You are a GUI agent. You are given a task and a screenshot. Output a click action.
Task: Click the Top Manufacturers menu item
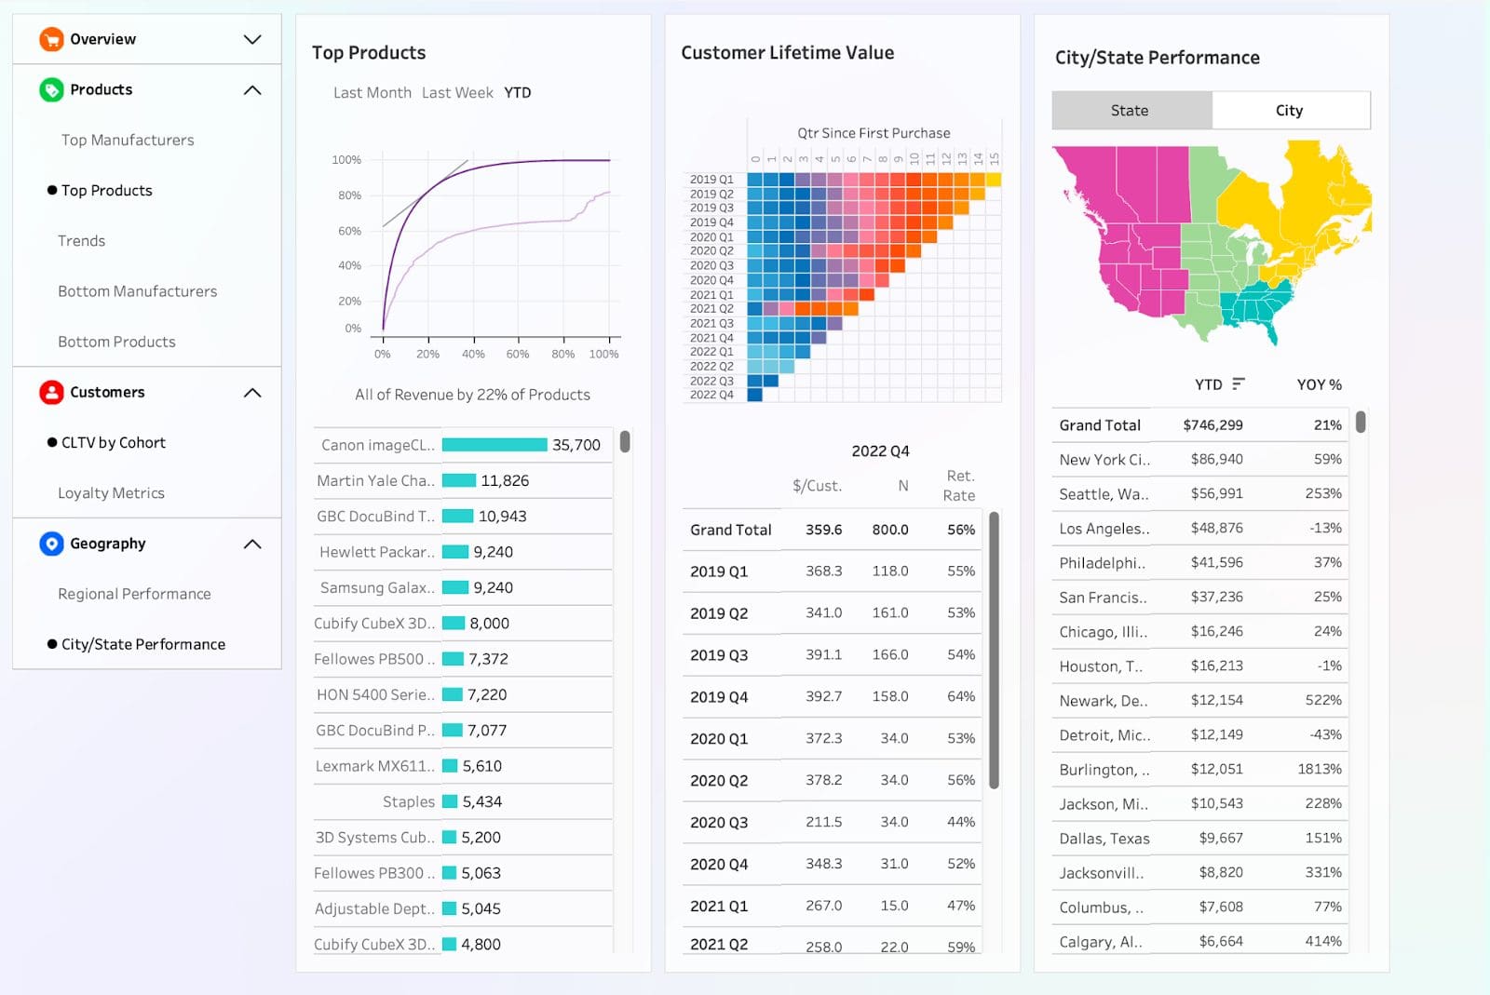128,140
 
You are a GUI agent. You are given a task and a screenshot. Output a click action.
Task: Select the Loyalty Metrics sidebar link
111,493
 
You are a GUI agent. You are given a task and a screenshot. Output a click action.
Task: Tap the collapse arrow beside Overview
252,39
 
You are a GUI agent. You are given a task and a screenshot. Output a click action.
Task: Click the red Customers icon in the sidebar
51,392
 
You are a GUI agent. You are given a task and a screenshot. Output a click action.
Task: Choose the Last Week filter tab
457,93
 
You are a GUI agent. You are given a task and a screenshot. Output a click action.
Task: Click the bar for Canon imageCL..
494,445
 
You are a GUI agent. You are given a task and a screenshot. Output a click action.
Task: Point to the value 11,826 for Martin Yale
505,480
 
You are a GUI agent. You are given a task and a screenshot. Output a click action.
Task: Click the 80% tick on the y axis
349,195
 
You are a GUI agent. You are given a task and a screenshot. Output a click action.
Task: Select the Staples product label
408,801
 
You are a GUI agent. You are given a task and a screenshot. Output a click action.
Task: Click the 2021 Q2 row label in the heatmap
711,309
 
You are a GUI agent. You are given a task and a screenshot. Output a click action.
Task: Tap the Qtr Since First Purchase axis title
874,133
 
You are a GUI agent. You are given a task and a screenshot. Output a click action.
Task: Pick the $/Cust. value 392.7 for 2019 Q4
823,696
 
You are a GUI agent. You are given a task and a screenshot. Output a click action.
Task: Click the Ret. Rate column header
959,486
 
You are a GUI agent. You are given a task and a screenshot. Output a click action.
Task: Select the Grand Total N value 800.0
889,530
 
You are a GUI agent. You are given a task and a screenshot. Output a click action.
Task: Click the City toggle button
1289,111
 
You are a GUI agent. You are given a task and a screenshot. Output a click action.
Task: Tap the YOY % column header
1319,384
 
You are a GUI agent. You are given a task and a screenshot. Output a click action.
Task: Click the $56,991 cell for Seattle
1216,493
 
